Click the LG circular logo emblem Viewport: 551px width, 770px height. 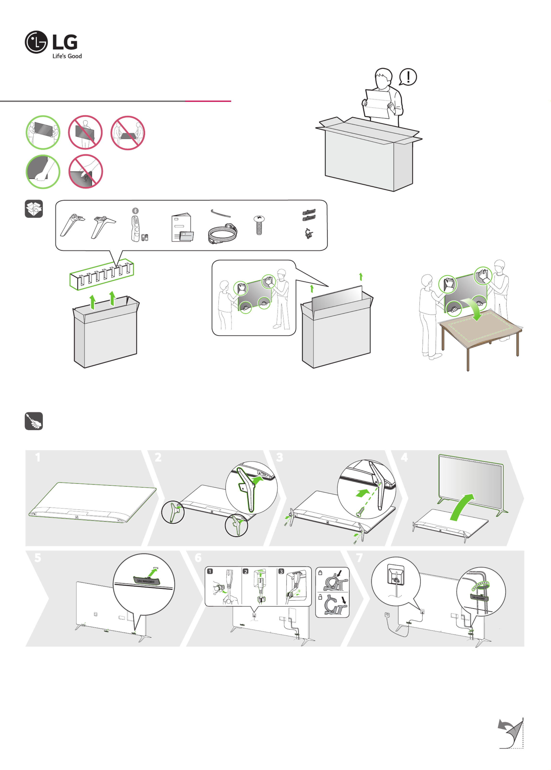coord(36,42)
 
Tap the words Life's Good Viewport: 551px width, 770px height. coord(67,56)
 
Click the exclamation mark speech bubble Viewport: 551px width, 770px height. coord(408,77)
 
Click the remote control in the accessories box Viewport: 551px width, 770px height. coord(135,228)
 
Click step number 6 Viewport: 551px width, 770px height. coord(198,557)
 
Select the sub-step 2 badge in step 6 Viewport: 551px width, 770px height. coord(246,571)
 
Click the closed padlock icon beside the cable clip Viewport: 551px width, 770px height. coord(320,573)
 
